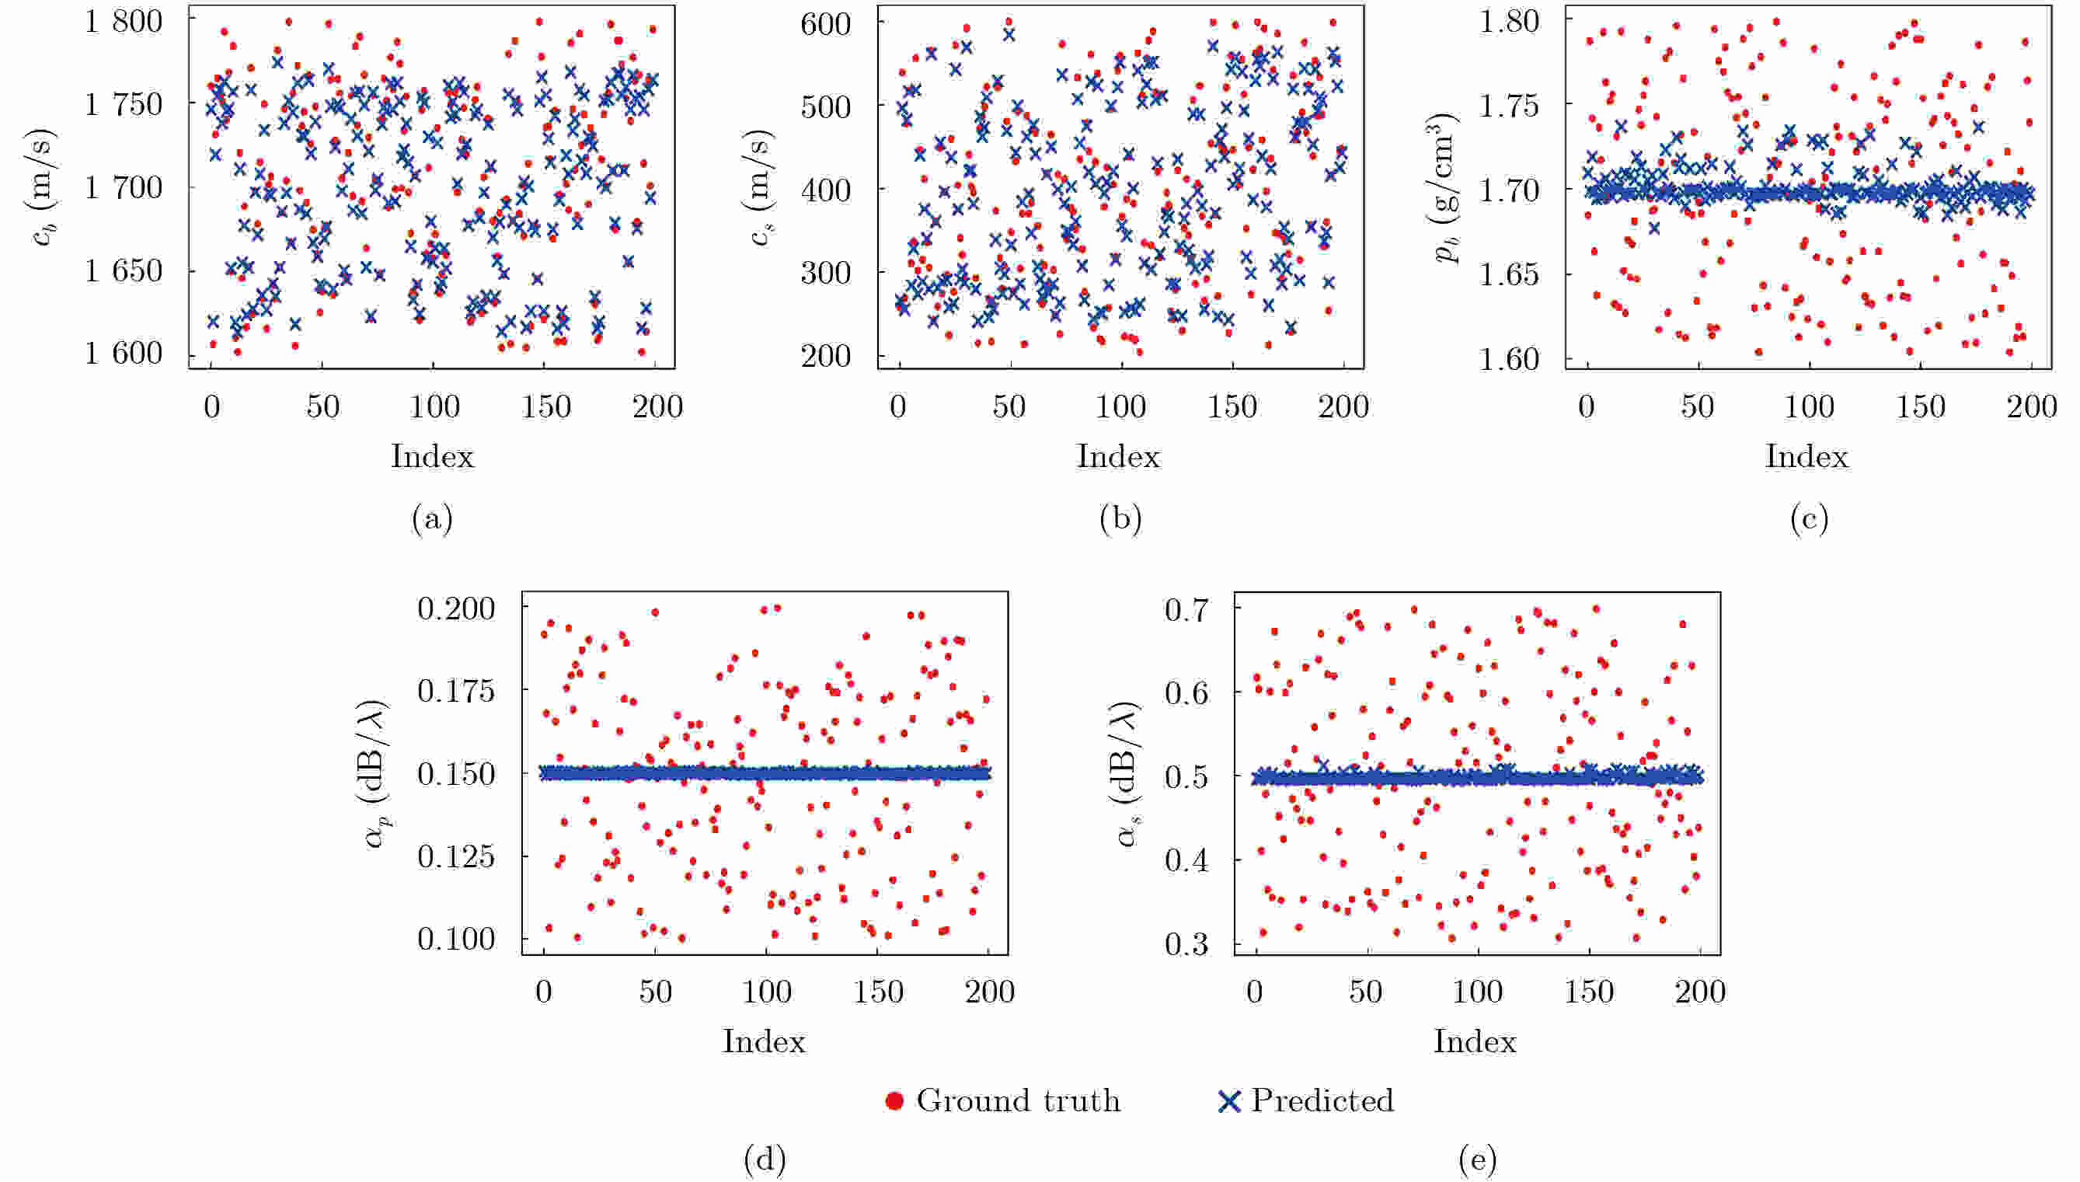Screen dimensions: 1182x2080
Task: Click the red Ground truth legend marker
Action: [x=894, y=1101]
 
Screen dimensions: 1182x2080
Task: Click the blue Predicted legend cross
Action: [x=1229, y=1101]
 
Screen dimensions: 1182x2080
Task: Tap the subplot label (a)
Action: [x=432, y=518]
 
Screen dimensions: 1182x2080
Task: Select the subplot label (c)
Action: [x=1809, y=518]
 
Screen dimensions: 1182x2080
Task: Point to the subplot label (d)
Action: [x=765, y=1159]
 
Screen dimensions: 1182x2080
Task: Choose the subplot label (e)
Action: [x=1477, y=1159]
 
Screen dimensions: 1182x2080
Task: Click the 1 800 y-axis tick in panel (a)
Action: [x=124, y=21]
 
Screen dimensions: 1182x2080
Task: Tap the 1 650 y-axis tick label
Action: [x=124, y=270]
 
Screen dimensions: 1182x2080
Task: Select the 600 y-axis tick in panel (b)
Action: [x=825, y=23]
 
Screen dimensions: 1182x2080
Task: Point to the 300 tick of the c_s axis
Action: [x=825, y=272]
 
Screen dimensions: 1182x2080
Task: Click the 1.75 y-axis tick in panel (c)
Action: [x=1509, y=106]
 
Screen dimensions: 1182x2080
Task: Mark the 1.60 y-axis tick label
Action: [x=1509, y=358]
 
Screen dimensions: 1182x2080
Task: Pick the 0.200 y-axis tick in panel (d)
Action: [x=456, y=608]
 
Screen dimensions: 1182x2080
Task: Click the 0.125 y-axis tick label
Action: [x=456, y=856]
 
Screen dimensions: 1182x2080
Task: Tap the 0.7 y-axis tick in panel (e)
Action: [x=1187, y=608]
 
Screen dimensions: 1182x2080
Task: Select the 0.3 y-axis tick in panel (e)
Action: [x=1187, y=944]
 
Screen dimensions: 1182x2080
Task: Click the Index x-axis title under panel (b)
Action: [x=1118, y=456]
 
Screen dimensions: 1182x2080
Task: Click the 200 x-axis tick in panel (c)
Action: [x=2032, y=406]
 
